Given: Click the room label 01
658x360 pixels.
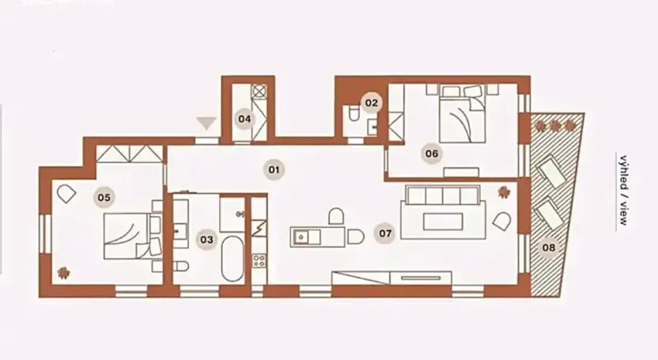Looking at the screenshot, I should click(x=274, y=169).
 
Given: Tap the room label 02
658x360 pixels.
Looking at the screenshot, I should click(x=371, y=102).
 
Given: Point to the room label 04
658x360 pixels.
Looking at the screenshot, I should click(x=245, y=119).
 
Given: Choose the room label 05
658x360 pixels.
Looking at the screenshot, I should click(x=103, y=196).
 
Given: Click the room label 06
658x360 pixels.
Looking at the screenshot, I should click(x=432, y=153).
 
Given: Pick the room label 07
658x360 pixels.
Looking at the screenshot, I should click(x=385, y=233).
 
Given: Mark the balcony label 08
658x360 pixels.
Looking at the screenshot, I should click(x=549, y=248).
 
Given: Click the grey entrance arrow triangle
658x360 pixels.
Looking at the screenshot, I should click(x=208, y=122).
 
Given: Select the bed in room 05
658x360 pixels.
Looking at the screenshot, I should click(x=130, y=235).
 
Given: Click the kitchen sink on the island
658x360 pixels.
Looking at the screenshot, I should click(x=303, y=236).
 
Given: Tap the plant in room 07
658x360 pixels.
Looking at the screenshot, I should click(x=503, y=191).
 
